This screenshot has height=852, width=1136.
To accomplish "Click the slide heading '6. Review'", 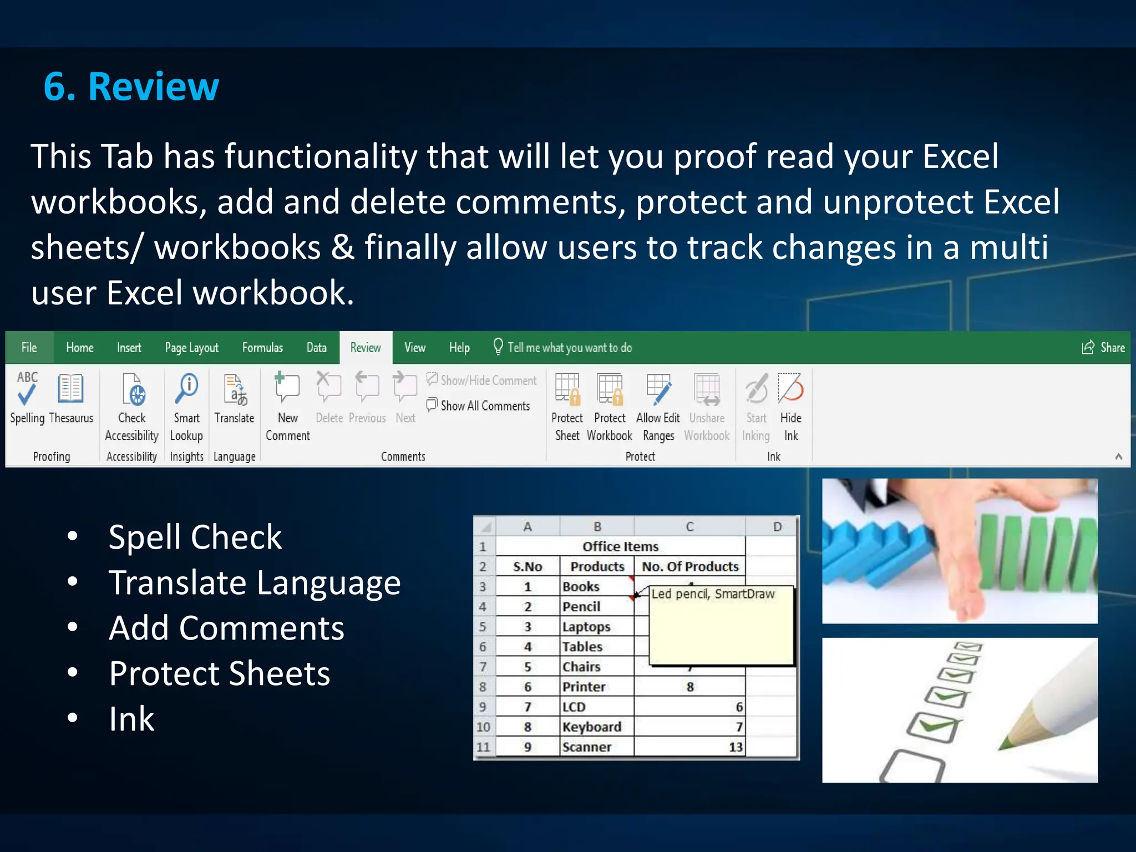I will pos(131,87).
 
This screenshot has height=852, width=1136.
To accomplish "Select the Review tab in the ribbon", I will pos(366,348).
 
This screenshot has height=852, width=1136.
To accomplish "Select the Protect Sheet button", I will pos(567,405).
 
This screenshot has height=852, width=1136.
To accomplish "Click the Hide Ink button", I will pos(790,405).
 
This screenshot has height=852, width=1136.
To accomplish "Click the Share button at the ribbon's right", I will pos(1103,348).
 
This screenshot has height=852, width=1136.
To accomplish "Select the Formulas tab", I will pos(262,348).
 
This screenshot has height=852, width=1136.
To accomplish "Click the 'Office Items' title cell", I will pos(620,546).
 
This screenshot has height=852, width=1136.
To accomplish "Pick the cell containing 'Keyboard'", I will pos(592,727).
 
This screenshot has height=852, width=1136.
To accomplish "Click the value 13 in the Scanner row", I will pos(735,747).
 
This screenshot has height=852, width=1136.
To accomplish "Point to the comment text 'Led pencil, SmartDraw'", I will pos(713,594).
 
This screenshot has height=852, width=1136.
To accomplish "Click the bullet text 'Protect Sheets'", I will pos(220,673).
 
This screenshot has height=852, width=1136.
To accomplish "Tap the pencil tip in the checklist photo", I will pos(1003,744).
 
